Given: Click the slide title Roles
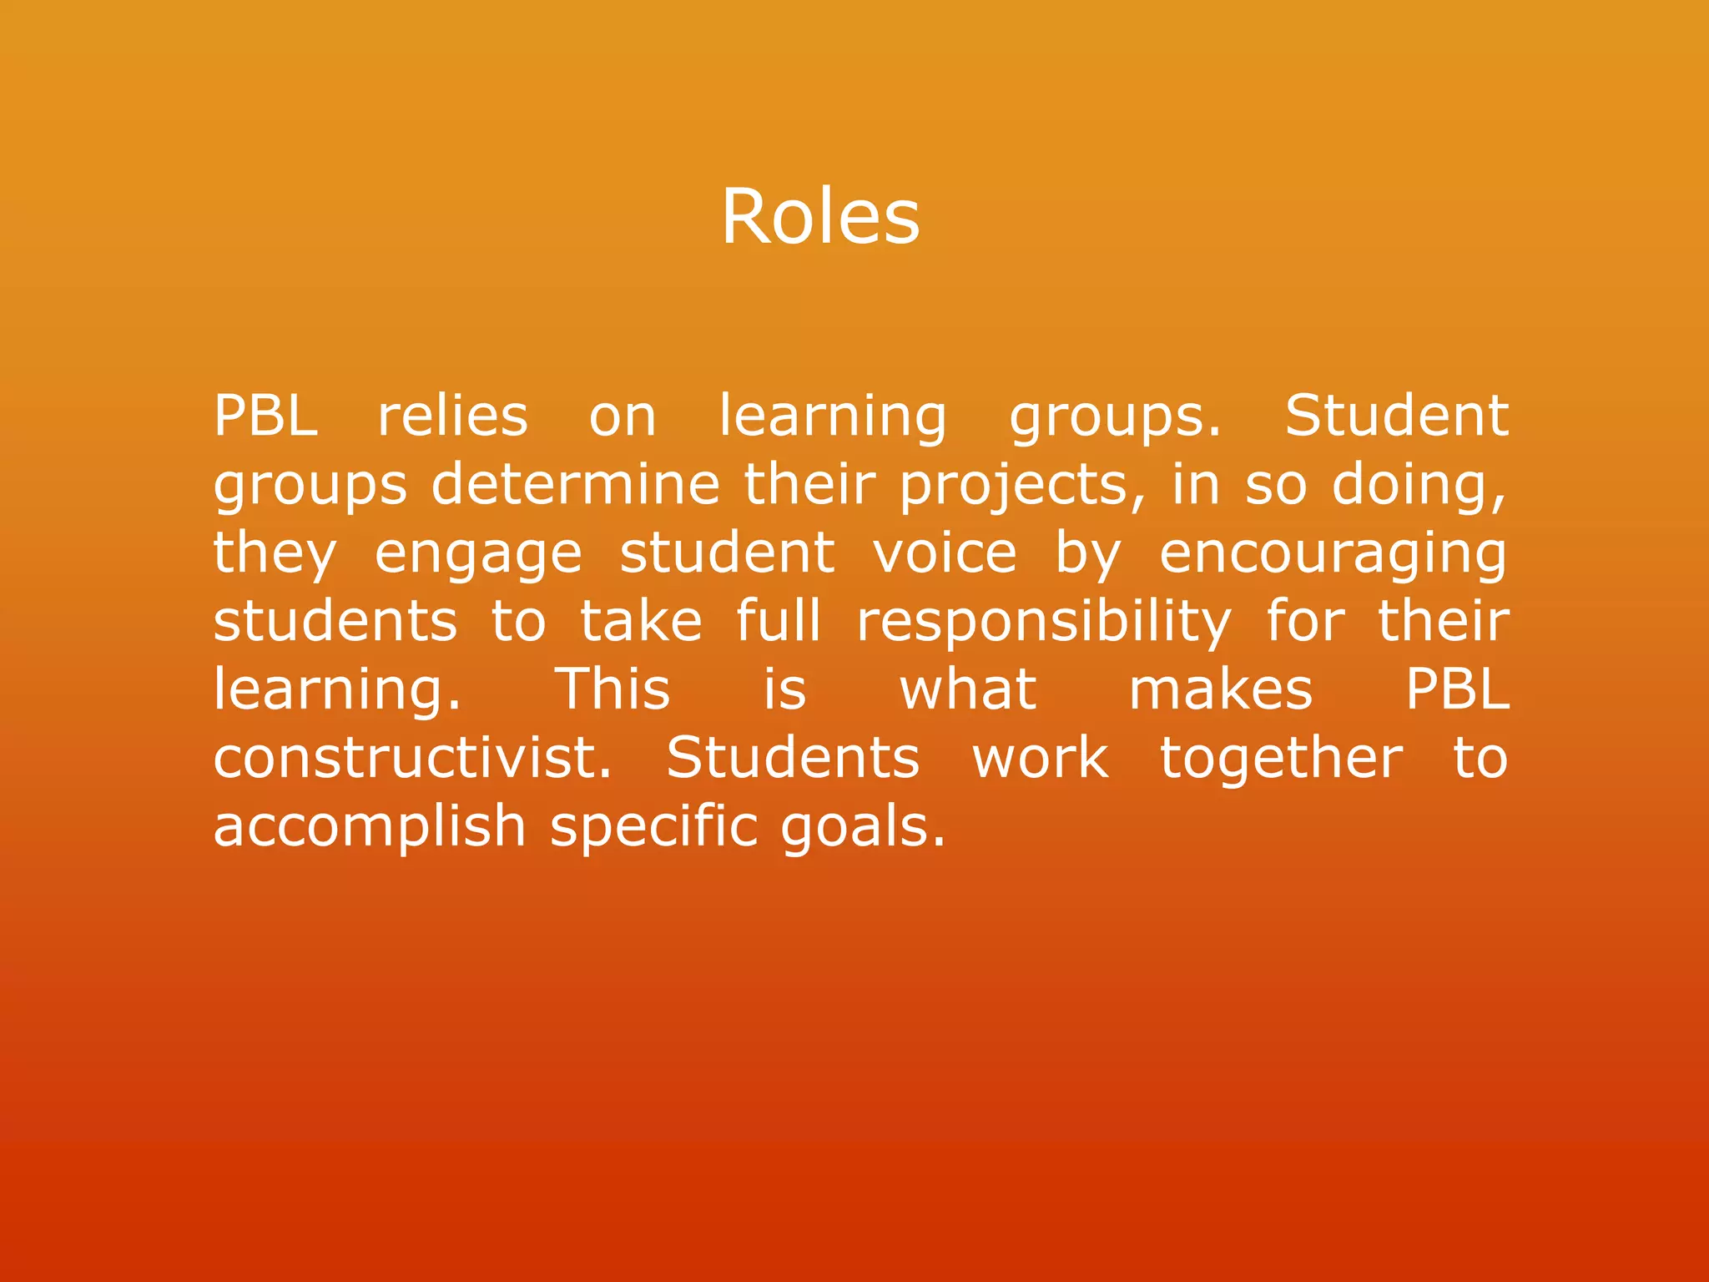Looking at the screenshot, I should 820,216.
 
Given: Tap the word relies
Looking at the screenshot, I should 452,416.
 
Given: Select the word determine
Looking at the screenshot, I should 575,484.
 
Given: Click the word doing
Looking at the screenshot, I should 1418,486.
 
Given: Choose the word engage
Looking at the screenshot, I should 477,554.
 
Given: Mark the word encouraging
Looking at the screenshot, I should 1333,554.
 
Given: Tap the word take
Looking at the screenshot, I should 641,621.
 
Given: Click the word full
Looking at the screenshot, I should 779,621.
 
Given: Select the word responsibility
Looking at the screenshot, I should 1043,623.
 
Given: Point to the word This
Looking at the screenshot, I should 613,689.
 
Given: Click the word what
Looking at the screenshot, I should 968,689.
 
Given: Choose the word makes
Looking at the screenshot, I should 1220,689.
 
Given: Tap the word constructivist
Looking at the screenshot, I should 412,758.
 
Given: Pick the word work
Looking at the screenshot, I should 1041,758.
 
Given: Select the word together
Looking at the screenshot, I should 1281,760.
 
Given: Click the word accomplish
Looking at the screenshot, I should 369,826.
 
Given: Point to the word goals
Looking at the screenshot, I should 863,826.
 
